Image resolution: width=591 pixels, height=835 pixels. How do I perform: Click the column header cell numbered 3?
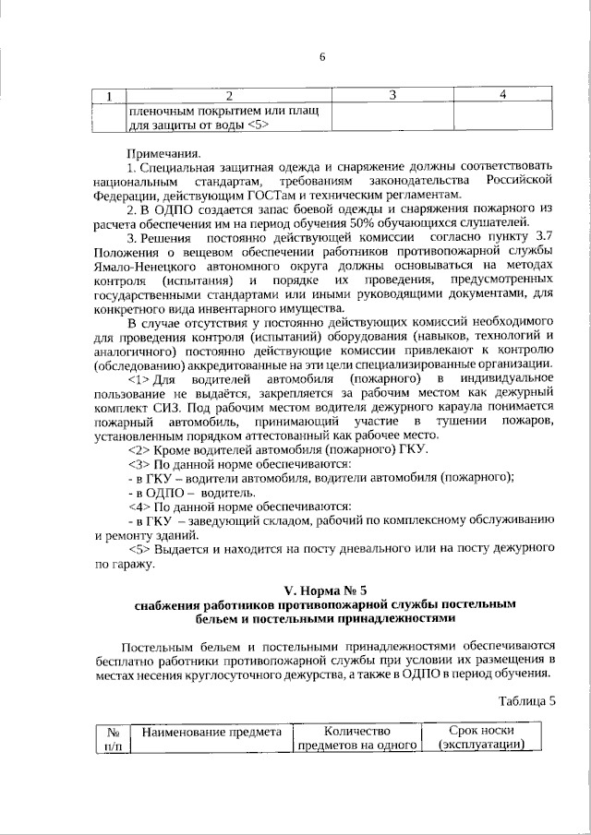392,95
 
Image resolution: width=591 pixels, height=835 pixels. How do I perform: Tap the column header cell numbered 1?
109,95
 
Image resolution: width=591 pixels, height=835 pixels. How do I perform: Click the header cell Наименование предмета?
211,732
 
